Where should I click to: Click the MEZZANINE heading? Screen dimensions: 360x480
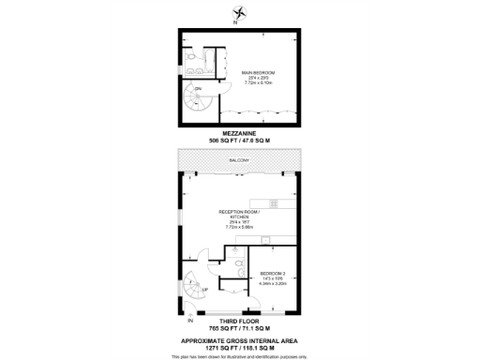pos(241,133)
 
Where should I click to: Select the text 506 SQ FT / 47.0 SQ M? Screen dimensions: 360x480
pos(241,141)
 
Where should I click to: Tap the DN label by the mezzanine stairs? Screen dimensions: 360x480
pos(198,88)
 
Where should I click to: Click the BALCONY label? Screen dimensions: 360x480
pos(241,161)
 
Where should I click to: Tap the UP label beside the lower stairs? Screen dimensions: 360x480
pos(205,290)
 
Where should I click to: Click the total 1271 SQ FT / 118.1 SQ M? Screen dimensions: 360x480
pos(241,346)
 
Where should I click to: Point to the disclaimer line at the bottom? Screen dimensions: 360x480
pos(241,355)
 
